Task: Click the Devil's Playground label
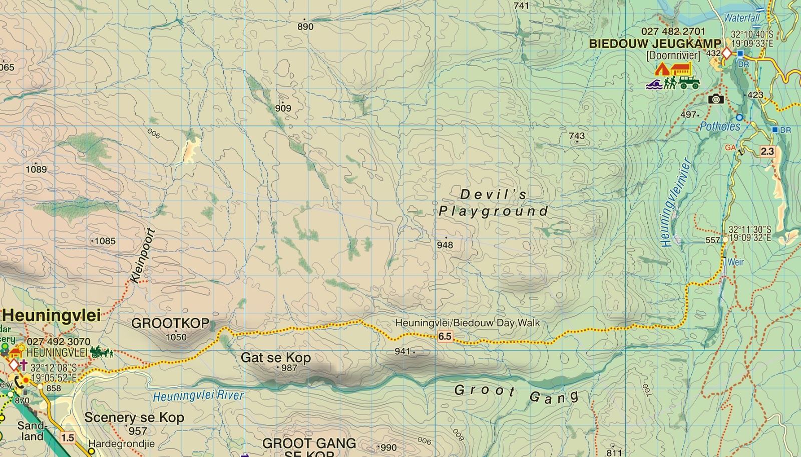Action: tap(493, 202)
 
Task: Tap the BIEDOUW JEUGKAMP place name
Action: tap(655, 43)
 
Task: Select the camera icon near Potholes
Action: tap(716, 99)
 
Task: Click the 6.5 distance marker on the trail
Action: tap(445, 336)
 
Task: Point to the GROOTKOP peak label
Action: tap(170, 323)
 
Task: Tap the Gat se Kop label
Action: tap(276, 358)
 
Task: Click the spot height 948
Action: tap(445, 244)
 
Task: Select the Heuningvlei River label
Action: tap(198, 396)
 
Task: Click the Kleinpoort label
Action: tap(143, 255)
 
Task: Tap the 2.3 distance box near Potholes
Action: tap(767, 151)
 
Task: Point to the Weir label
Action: tap(735, 262)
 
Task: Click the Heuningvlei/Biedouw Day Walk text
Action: tap(468, 323)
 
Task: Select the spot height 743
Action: tap(577, 136)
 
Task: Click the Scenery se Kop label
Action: tap(134, 417)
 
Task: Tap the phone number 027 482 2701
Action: tap(673, 31)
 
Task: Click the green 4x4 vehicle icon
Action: tap(689, 82)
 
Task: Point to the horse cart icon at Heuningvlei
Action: tap(102, 352)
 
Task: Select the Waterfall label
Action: tap(741, 18)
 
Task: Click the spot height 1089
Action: tap(36, 169)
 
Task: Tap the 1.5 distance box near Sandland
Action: tap(67, 438)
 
